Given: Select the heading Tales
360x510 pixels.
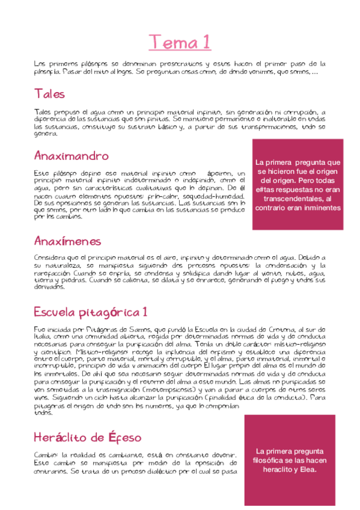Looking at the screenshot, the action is point(49,94).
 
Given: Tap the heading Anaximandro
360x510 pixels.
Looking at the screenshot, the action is point(71,156).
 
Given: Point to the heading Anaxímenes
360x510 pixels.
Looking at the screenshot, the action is point(67,241).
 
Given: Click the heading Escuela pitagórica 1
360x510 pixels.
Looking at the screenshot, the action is point(90,313).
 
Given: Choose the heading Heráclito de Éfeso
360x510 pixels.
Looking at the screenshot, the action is point(87,437).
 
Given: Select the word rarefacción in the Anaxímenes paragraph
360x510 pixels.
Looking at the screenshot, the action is point(53,272).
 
